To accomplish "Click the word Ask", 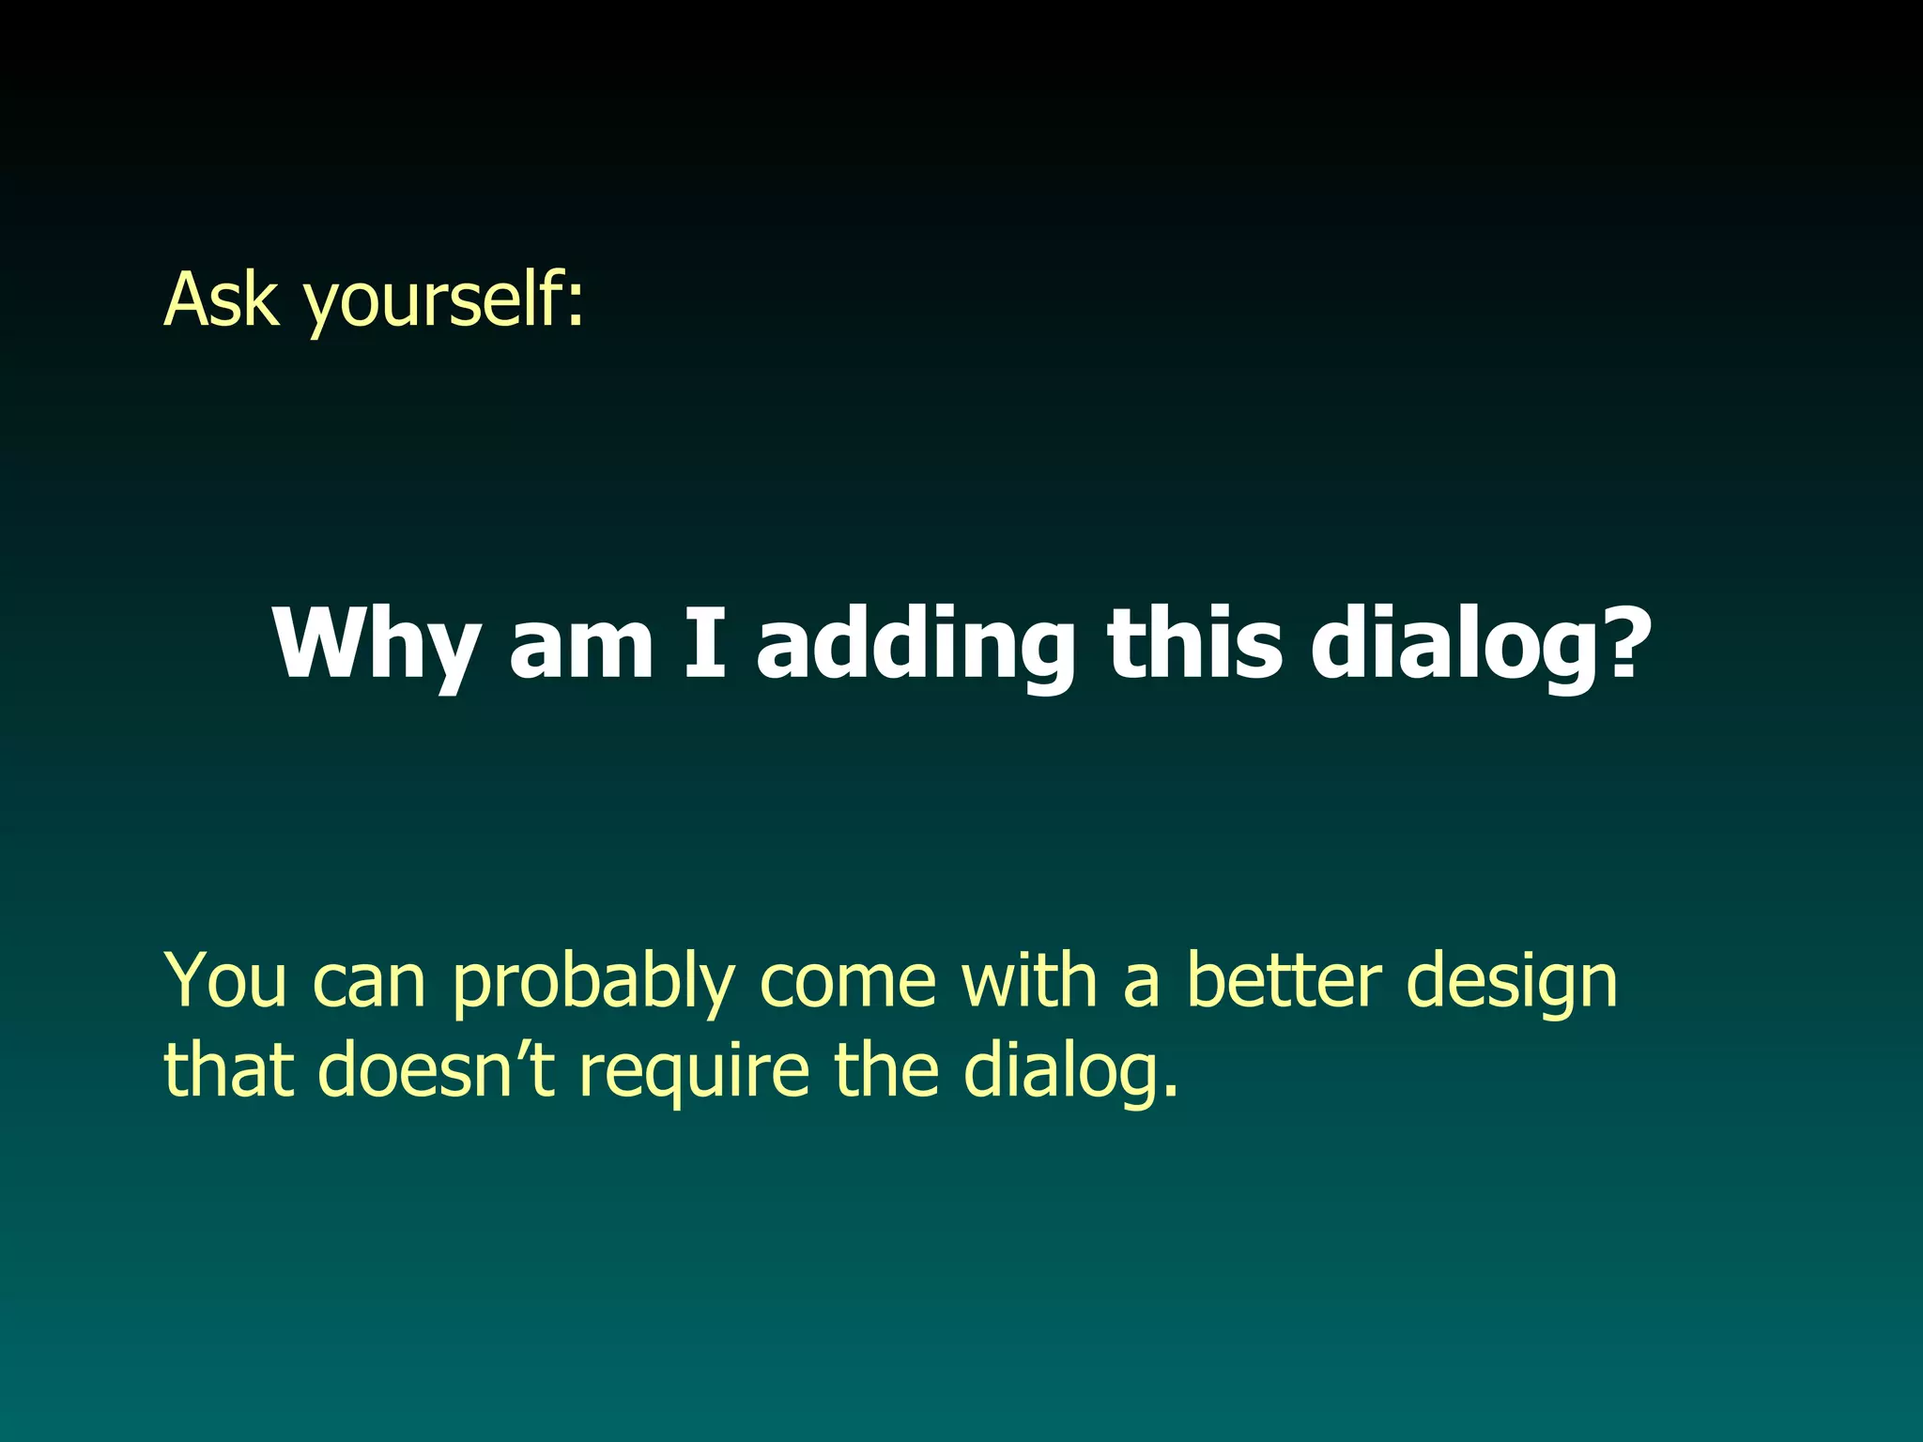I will point(222,299).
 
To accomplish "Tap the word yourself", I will point(432,302).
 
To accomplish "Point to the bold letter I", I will point(705,643).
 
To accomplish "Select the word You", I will point(225,980).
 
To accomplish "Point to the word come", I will point(848,982).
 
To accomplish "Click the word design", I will point(1513,984).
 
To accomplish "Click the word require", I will point(694,1072).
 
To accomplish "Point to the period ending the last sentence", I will point(1170,1092).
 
